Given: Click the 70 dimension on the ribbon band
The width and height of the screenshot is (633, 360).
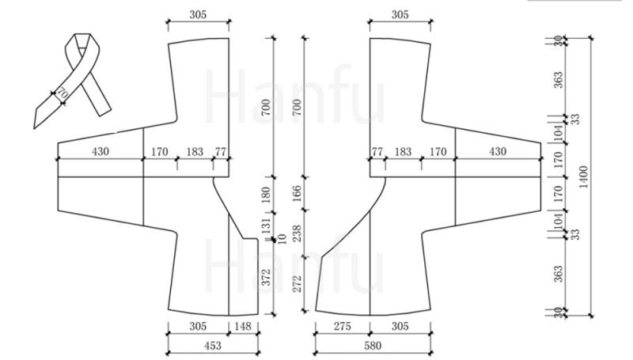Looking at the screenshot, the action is pyautogui.click(x=63, y=93).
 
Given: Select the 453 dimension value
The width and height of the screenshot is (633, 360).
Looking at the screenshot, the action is pyautogui.click(x=213, y=346).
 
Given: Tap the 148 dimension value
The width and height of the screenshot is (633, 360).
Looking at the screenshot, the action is pyautogui.click(x=243, y=326).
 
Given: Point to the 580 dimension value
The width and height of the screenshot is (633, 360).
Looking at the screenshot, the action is pyautogui.click(x=373, y=346).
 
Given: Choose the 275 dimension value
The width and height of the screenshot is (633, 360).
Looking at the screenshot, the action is pyautogui.click(x=343, y=326).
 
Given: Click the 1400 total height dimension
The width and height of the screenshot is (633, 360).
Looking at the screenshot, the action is pyautogui.click(x=584, y=176).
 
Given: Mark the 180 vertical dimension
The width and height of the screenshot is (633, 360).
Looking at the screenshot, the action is pyautogui.click(x=266, y=195).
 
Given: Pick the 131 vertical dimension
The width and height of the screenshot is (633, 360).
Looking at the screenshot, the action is pyautogui.click(x=266, y=226).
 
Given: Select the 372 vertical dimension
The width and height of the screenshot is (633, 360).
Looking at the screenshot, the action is pyautogui.click(x=266, y=277).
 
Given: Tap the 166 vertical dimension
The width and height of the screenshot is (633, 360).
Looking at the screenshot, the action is pyautogui.click(x=297, y=193).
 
